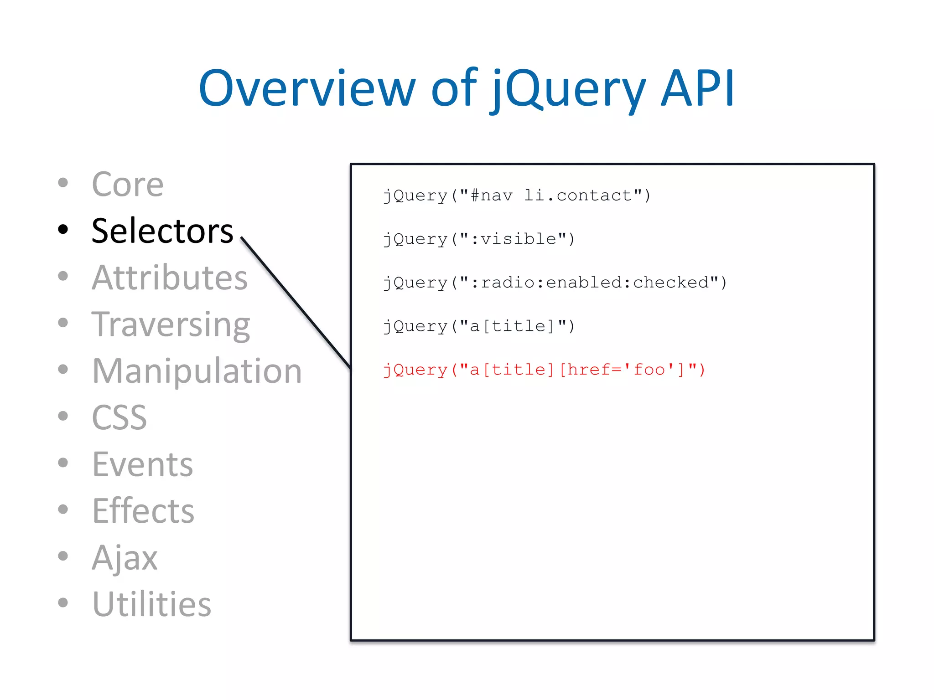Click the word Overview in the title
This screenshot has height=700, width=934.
coord(306,89)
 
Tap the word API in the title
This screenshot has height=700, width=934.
coord(698,89)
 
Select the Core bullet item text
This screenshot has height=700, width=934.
coord(128,185)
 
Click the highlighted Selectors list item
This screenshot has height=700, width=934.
coord(162,231)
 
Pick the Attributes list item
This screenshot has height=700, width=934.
coord(170,278)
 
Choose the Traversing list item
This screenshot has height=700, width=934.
coord(171,324)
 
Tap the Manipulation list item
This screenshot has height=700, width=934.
coord(197,371)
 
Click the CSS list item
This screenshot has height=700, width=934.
coord(119,417)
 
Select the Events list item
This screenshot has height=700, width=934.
coord(142,464)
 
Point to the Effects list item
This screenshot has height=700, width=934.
coord(143,511)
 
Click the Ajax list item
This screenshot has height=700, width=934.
coord(125,557)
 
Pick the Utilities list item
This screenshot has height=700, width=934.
coord(151,604)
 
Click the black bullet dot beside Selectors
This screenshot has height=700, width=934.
coord(63,229)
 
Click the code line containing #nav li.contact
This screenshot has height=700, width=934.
coord(517,196)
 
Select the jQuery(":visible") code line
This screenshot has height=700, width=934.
coord(479,239)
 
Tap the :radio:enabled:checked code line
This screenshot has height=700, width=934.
coord(555,283)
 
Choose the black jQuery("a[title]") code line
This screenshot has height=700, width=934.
coord(479,326)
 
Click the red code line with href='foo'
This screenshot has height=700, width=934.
coord(544,370)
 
